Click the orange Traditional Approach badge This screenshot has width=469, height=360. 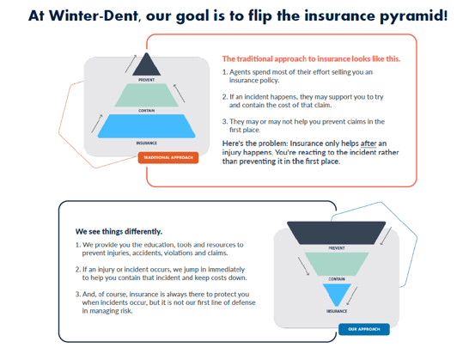tap(168, 158)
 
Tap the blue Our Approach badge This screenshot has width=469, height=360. tap(364, 329)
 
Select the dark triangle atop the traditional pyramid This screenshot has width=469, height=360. tap(147, 64)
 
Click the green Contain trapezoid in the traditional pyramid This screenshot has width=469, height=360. tap(147, 95)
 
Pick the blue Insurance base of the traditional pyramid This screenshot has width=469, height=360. tap(147, 126)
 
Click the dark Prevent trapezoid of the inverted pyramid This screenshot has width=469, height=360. tap(336, 233)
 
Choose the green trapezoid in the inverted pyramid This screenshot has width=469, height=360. tap(337, 264)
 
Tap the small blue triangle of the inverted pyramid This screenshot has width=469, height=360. tap(337, 294)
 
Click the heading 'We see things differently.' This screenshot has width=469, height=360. tap(119, 232)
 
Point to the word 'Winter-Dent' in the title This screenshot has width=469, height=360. tap(94, 15)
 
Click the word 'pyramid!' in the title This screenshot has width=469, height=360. tap(414, 16)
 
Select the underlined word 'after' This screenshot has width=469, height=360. tap(368, 143)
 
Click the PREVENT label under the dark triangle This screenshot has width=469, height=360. tap(147, 80)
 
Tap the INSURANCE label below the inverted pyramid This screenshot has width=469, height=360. tap(337, 311)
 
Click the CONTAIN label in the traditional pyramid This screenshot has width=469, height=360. tap(147, 111)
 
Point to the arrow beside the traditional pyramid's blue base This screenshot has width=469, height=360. tap(97, 124)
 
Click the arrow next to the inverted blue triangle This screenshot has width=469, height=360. tap(352, 296)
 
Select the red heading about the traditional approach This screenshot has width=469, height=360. tap(311, 59)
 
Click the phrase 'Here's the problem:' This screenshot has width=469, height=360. tap(255, 143)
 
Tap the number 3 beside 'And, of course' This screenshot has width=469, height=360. tap(77, 295)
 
